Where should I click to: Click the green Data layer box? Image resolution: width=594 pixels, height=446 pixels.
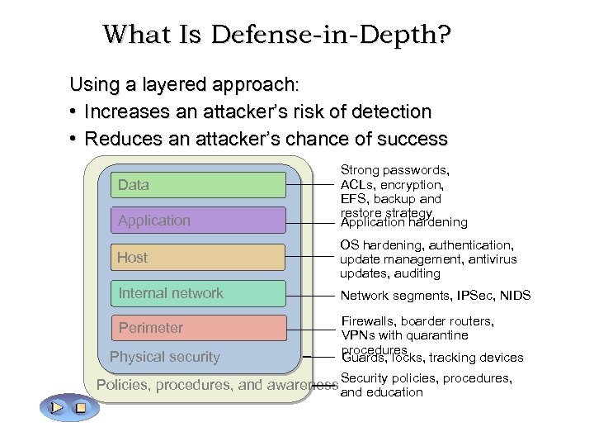(199, 185)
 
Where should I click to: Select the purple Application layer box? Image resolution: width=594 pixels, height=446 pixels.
(199, 221)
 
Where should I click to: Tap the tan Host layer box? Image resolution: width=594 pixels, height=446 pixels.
(199, 258)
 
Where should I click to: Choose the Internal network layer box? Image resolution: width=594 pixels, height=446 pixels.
(199, 293)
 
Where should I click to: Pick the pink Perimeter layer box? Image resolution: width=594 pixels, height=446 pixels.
(199, 328)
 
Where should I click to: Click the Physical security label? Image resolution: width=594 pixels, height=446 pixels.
(165, 357)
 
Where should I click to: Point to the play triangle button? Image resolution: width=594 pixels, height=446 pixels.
(56, 407)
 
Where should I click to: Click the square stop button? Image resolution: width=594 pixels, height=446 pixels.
(80, 407)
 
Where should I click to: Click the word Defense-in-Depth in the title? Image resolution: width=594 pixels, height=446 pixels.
(329, 35)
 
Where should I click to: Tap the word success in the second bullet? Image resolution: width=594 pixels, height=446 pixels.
(409, 138)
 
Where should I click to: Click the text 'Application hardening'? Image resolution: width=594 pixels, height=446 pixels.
(403, 222)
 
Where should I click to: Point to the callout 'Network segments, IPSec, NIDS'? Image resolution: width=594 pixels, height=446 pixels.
(435, 296)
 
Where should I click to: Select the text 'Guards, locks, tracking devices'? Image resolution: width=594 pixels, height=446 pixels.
(432, 358)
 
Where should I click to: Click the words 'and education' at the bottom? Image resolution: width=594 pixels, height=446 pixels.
(381, 392)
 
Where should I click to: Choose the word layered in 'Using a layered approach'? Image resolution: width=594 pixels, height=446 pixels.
(175, 84)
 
